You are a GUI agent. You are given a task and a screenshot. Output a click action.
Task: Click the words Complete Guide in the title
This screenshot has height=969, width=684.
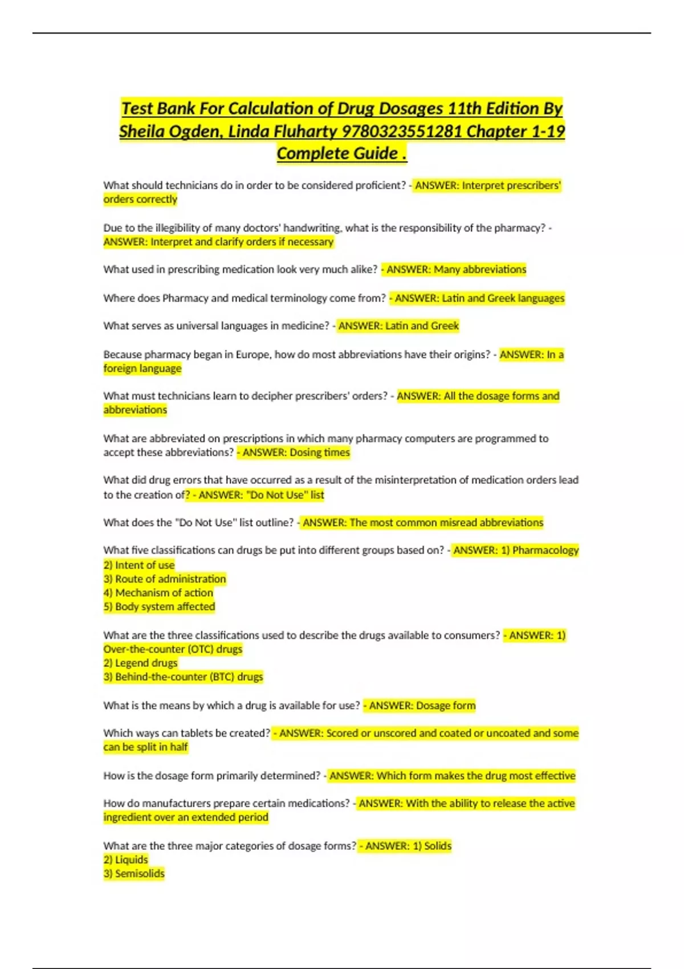(x=337, y=154)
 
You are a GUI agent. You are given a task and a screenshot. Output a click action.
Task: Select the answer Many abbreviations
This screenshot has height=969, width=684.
(x=479, y=270)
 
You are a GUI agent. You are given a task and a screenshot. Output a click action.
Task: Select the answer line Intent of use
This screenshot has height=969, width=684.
(x=145, y=565)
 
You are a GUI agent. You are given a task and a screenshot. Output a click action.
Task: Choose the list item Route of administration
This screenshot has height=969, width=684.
(x=170, y=579)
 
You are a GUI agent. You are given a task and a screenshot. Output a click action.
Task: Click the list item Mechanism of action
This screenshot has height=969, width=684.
(x=164, y=593)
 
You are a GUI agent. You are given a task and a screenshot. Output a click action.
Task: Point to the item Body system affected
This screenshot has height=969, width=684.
(x=165, y=606)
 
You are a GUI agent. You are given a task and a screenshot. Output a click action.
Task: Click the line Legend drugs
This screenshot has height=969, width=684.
(x=146, y=663)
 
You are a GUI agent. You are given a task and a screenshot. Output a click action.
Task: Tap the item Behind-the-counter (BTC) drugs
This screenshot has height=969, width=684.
(x=189, y=677)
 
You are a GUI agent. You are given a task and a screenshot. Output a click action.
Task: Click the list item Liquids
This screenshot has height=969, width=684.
(x=131, y=860)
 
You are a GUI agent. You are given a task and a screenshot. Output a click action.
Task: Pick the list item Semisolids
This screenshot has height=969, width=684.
(x=140, y=874)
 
